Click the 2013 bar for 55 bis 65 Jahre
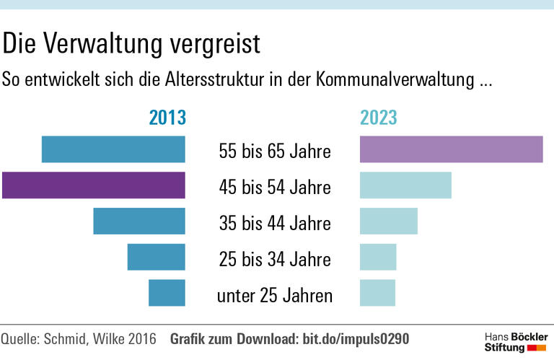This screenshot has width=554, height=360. (x=113, y=149)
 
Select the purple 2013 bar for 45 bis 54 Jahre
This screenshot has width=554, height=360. (x=94, y=185)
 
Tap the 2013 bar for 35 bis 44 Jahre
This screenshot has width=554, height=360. (x=139, y=221)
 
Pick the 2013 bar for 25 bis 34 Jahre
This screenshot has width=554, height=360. (x=157, y=257)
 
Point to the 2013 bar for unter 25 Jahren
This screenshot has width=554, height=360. (x=167, y=293)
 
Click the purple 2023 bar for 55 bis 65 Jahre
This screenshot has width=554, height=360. (x=451, y=149)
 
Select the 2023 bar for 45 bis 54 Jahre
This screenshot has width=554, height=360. (x=405, y=185)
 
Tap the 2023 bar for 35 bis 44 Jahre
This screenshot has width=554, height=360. (x=388, y=221)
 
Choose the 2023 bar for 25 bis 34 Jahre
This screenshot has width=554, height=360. (x=378, y=257)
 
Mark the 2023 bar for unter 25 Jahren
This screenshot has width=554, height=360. (x=377, y=293)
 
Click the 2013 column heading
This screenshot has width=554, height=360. (x=167, y=118)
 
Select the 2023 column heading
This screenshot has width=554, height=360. (x=379, y=118)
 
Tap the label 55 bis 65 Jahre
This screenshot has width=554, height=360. (x=275, y=152)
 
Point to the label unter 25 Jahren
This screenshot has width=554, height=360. (x=275, y=295)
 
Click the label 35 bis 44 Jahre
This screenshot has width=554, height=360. (x=275, y=224)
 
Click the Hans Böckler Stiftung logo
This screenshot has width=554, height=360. (x=515, y=343)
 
